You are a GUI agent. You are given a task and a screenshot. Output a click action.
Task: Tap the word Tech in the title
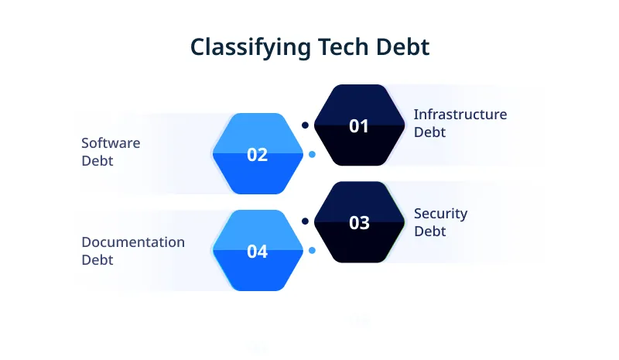tap(340, 47)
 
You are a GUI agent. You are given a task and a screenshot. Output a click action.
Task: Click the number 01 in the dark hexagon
tap(359, 126)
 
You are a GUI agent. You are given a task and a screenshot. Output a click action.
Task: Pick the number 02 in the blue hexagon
tap(257, 155)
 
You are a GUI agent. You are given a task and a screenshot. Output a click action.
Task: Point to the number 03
tap(359, 223)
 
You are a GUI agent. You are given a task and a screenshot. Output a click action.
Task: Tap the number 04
tap(257, 252)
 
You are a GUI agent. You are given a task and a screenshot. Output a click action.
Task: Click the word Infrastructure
tap(460, 115)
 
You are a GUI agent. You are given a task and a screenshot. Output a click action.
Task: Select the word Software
tap(111, 143)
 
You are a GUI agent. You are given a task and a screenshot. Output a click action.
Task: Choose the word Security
tap(440, 214)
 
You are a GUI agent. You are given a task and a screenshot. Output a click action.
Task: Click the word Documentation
tap(133, 242)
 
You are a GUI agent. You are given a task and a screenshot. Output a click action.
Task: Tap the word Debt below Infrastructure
tap(429, 132)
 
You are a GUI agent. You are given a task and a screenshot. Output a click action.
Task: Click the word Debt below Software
tap(97, 161)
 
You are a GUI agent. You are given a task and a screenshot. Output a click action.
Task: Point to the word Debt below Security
tap(429, 231)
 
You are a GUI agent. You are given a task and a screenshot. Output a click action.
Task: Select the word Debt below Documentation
tap(97, 260)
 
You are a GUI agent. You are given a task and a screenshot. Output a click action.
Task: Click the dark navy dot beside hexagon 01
tap(306, 125)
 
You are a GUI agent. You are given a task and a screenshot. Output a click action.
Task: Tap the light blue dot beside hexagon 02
tap(312, 154)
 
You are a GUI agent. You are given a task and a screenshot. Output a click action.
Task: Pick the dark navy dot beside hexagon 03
tap(306, 221)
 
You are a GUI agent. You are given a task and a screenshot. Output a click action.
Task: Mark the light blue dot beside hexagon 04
tap(312, 251)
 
